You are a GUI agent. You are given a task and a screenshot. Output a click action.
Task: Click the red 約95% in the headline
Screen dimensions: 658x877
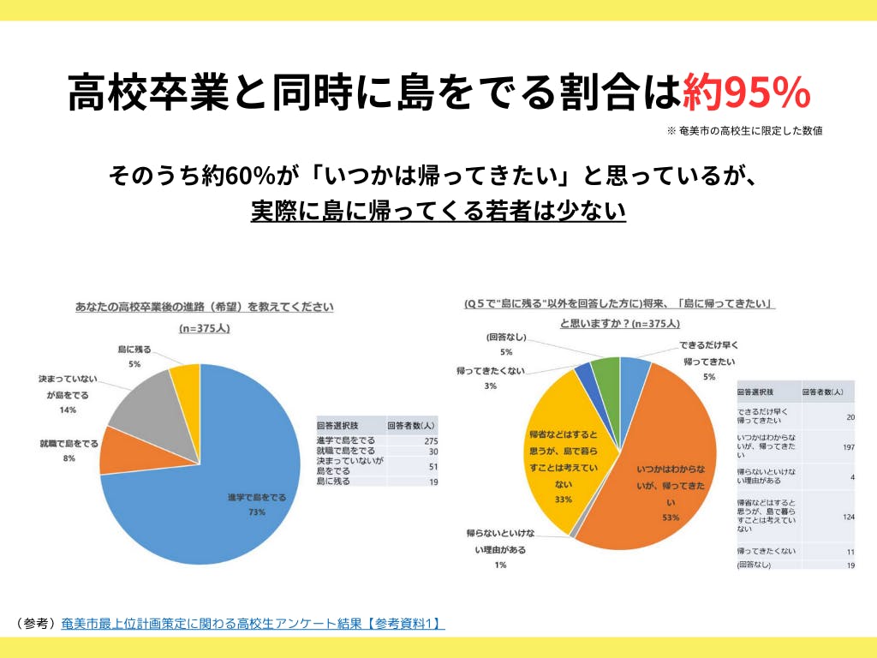pos(746,93)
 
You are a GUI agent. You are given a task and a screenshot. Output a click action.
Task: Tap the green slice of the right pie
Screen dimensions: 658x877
pos(606,372)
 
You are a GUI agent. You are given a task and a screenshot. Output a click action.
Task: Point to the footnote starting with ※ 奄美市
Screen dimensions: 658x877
pos(744,131)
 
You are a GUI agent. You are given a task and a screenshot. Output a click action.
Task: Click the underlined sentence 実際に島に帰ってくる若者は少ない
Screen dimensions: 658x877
pos(438,211)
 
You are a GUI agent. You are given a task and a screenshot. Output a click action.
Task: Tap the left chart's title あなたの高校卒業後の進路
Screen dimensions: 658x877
pos(205,307)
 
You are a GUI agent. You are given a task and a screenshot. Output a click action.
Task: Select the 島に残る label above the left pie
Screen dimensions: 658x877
pos(135,350)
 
